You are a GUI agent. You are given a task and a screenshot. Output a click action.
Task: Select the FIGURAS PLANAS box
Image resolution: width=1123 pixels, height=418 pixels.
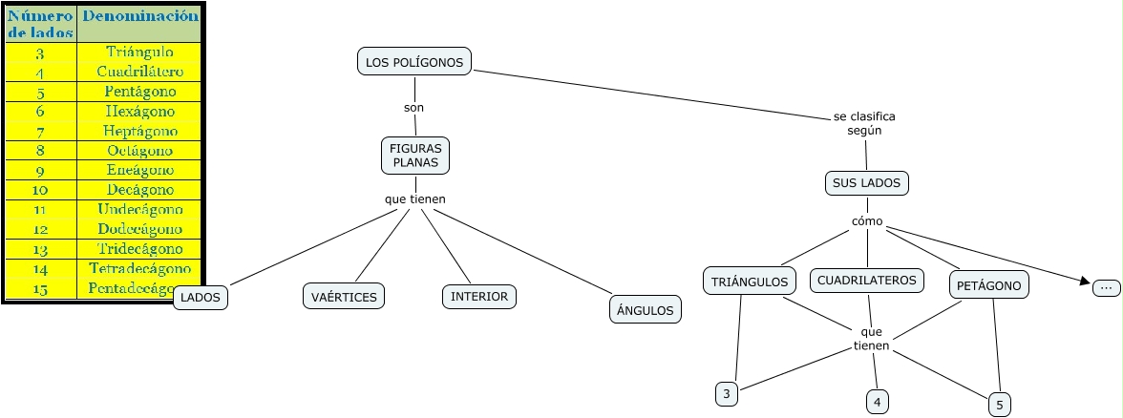point(415,156)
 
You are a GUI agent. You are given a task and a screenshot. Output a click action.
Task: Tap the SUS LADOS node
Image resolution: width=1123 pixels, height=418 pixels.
point(867,182)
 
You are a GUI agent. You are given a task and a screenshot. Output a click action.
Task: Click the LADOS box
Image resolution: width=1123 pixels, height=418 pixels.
point(201,298)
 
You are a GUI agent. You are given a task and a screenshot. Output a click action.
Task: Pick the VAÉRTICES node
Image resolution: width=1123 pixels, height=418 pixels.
point(344,297)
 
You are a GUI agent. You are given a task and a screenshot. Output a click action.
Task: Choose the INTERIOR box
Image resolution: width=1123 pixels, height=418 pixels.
point(479,296)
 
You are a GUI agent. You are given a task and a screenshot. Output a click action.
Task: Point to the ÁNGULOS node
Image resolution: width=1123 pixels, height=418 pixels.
point(645,309)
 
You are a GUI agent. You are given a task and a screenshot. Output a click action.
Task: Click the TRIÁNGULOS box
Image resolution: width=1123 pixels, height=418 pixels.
point(751,282)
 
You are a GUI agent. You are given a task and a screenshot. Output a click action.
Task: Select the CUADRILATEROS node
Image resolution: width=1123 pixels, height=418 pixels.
point(867,281)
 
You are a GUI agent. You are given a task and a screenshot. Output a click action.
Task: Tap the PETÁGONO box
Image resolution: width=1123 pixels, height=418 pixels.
point(990,284)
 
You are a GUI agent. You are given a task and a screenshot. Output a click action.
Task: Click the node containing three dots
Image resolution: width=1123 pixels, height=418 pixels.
point(1106,286)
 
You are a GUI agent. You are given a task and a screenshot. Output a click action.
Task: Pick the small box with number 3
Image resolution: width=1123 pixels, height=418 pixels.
point(727,393)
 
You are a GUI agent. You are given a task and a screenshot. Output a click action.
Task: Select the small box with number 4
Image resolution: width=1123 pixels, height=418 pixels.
point(877,402)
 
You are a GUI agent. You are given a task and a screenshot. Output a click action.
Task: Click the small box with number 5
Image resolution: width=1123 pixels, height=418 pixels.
point(999,405)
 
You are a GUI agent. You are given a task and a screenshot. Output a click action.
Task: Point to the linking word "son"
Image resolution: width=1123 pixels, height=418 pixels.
point(413,108)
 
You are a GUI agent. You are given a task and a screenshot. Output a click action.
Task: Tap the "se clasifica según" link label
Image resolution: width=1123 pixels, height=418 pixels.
point(864,123)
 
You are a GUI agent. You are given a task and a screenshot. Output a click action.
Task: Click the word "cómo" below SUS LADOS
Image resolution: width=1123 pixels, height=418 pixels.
point(867,222)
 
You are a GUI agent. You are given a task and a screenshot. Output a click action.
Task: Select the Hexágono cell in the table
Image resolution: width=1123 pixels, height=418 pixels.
point(139,112)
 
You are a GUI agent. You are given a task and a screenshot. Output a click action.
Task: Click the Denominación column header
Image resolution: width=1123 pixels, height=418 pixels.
point(140,16)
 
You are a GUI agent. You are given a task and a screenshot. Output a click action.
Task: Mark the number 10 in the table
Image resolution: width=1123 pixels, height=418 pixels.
point(40,189)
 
